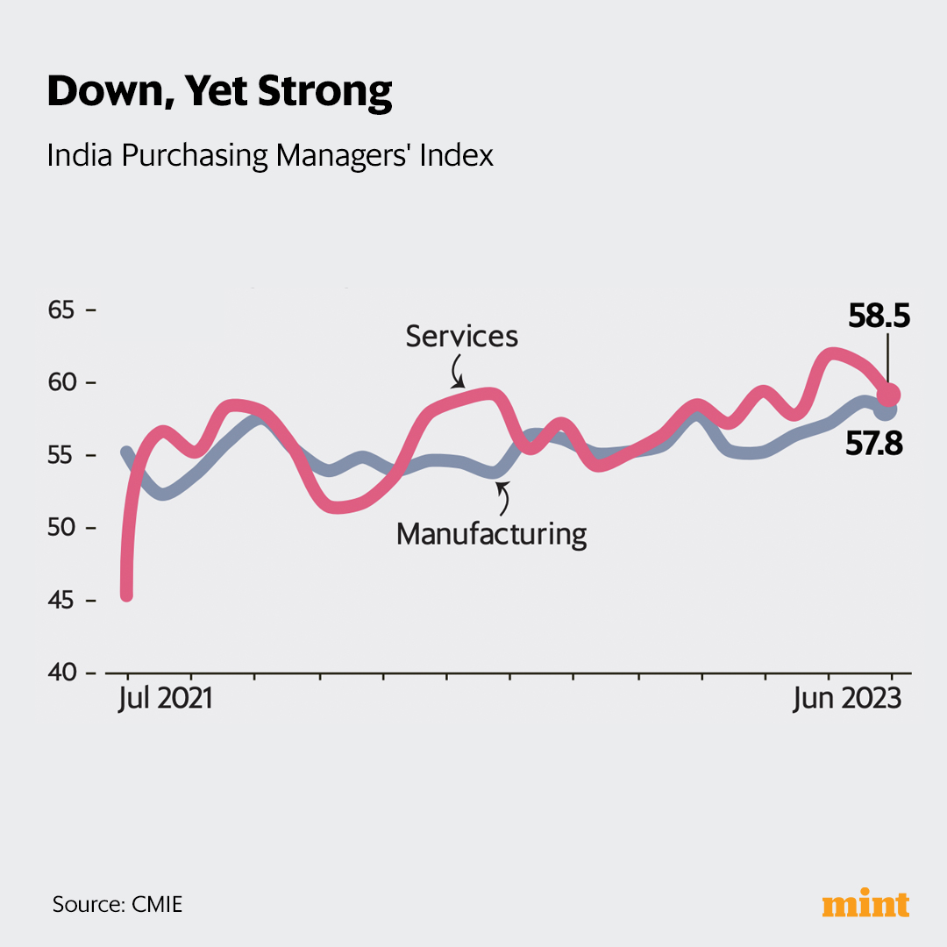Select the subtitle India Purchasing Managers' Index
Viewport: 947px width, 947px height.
[x=270, y=155]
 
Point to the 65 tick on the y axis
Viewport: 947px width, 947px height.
[x=63, y=310]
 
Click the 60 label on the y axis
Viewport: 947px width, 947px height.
[x=63, y=383]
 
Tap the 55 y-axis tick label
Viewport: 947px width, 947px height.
[x=63, y=456]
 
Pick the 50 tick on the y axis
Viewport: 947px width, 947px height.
[x=63, y=528]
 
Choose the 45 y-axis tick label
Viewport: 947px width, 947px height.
[x=63, y=601]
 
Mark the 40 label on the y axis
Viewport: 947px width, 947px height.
[x=63, y=673]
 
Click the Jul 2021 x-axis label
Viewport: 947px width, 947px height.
[x=166, y=700]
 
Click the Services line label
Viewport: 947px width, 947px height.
[x=462, y=336]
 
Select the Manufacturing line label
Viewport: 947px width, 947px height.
[x=491, y=533]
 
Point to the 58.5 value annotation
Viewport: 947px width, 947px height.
[x=879, y=316]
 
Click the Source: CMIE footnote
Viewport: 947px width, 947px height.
[x=117, y=904]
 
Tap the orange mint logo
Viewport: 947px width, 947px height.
[x=865, y=904]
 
